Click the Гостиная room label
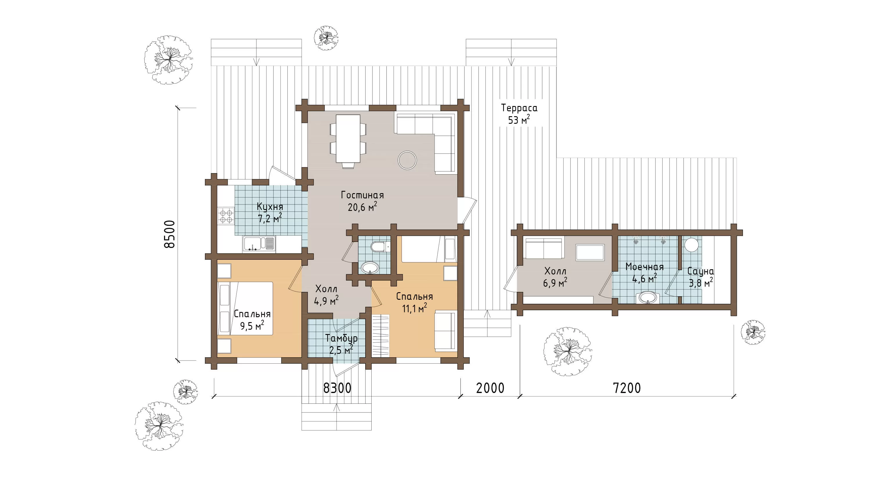point(362,195)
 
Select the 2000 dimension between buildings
point(490,388)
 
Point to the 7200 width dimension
point(627,388)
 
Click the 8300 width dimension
point(337,388)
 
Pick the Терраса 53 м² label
point(519,114)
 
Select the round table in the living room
point(407,160)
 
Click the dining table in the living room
point(348,139)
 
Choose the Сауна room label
point(701,271)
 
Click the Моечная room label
point(645,267)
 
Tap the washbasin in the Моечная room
point(647,298)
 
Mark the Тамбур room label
point(341,338)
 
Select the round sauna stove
point(692,245)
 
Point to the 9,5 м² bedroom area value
point(252,326)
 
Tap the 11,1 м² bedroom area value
point(414,308)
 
